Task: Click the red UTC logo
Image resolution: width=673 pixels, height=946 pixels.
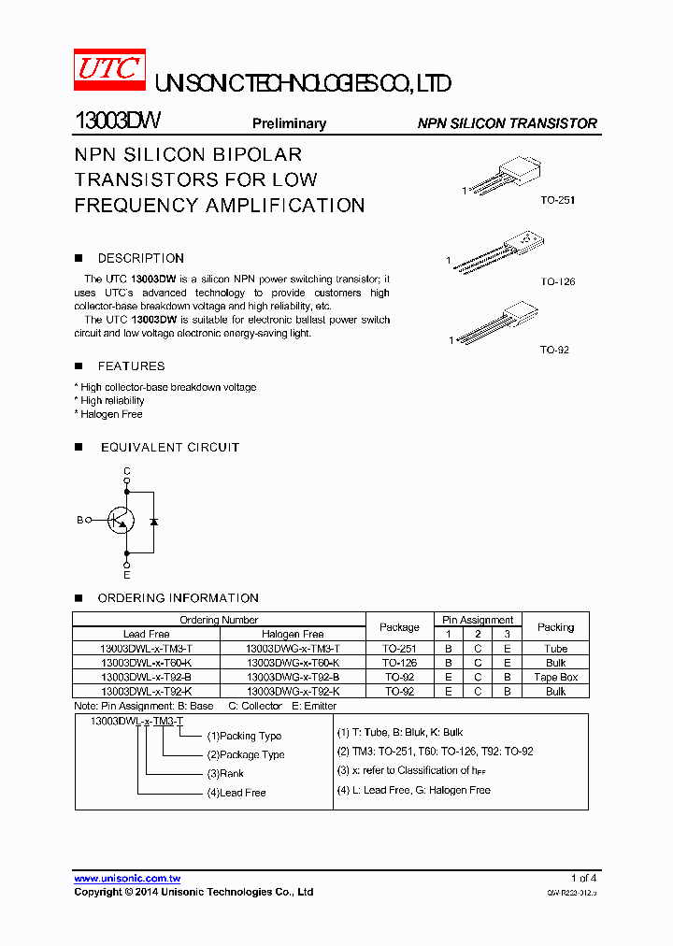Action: point(108,70)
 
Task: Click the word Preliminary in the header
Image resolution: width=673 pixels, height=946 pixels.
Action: point(289,123)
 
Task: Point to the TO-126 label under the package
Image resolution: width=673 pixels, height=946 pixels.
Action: point(557,281)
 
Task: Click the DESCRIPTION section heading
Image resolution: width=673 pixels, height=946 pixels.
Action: point(140,258)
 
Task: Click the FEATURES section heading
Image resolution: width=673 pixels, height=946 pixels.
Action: point(131,366)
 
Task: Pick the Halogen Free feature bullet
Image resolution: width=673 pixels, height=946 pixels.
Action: point(109,414)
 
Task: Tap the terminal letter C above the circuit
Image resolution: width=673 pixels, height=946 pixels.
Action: point(127,470)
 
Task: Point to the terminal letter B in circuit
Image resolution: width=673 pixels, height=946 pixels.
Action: point(79,520)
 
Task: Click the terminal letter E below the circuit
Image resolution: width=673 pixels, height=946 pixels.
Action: point(127,575)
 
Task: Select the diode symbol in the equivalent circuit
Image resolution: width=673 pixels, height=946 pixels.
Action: point(153,521)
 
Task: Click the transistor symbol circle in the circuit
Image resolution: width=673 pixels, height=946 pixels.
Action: point(120,521)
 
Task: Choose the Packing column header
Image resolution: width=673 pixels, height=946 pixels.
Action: point(555,626)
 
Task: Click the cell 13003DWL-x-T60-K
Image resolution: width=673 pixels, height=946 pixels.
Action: point(147,663)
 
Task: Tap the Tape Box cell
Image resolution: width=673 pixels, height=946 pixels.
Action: point(555,677)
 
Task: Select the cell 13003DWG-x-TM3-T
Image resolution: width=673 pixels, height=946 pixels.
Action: point(293,649)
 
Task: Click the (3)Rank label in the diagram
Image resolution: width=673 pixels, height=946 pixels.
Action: point(225,774)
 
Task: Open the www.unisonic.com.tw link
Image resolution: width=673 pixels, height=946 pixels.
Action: point(127,879)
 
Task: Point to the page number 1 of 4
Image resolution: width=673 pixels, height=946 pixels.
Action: point(583,878)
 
